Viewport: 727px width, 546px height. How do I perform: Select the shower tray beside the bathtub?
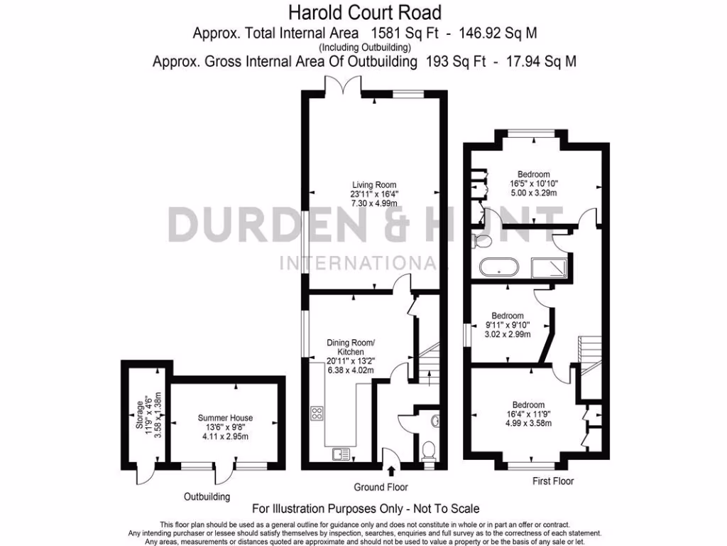pyautogui.click(x=550, y=268)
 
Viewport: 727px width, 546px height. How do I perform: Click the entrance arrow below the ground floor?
pyautogui.click(x=391, y=470)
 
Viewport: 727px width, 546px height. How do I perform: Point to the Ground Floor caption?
pyautogui.click(x=381, y=488)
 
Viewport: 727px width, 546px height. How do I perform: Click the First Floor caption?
pyautogui.click(x=553, y=481)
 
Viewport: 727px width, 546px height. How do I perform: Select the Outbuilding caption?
pyautogui.click(x=207, y=496)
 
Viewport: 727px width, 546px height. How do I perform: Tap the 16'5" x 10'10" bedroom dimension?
pyautogui.click(x=533, y=183)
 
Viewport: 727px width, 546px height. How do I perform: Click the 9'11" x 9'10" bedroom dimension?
pyautogui.click(x=508, y=325)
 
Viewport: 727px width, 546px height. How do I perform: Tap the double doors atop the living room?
pyautogui.click(x=343, y=87)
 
